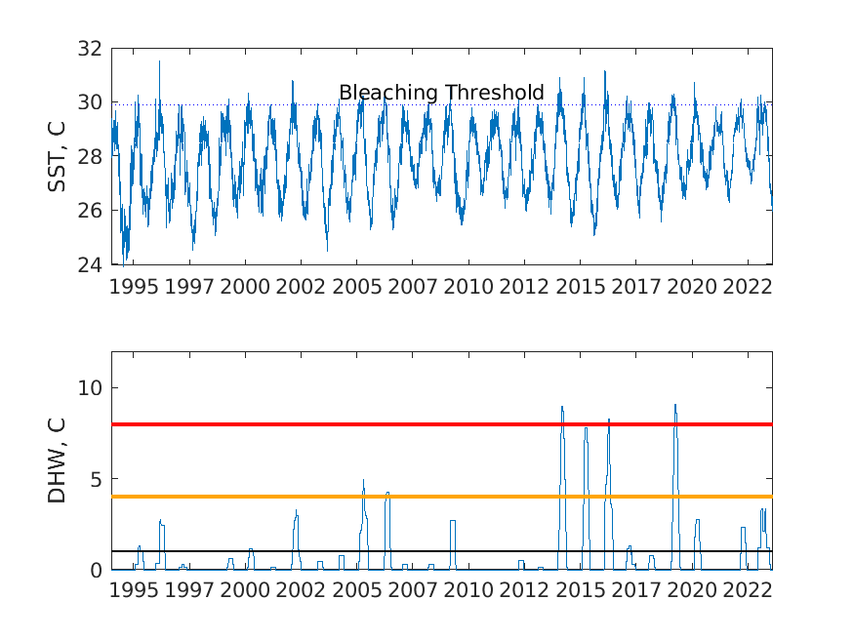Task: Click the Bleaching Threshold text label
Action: (441, 93)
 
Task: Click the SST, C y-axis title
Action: (58, 156)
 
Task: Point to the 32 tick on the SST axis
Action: (91, 49)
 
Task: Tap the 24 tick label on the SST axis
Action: (91, 264)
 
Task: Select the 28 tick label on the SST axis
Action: (91, 157)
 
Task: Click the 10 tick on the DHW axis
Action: (91, 388)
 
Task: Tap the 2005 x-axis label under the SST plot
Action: (356, 287)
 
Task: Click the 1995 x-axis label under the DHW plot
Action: (134, 591)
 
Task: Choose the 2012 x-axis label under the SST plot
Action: (524, 287)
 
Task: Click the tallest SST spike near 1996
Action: (159, 61)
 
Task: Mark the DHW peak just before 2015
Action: (562, 407)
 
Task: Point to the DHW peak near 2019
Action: (674, 405)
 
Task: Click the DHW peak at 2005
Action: (363, 480)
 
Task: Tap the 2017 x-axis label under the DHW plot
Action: (635, 591)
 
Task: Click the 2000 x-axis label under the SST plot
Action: (245, 287)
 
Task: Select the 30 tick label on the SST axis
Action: (91, 102)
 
